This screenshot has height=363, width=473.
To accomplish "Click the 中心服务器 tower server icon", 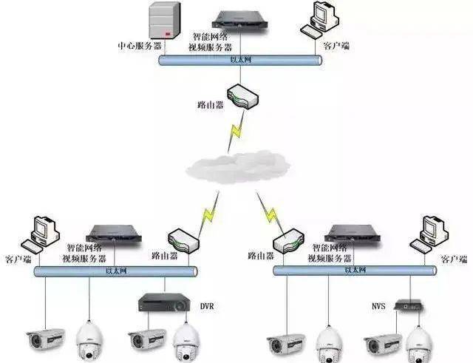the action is (165, 21).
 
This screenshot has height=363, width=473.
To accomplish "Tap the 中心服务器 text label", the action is (140, 46).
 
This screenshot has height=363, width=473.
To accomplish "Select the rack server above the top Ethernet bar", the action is (239, 20).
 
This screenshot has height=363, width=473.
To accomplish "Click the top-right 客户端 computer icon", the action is (319, 20).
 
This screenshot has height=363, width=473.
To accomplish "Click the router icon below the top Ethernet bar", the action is (243, 97).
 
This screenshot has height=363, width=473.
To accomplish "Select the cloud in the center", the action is (238, 167).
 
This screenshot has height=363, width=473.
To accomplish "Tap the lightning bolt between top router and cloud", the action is (236, 132).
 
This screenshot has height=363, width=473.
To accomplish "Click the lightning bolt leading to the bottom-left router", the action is (208, 214).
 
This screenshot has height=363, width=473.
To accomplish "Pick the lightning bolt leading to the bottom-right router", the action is (270, 213).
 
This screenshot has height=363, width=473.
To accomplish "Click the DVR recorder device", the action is (164, 302).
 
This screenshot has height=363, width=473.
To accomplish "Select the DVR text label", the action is (207, 306).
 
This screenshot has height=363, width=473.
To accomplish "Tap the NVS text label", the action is (378, 306).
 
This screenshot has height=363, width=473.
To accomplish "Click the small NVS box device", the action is (409, 305).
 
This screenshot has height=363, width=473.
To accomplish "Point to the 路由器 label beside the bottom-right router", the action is (261, 256).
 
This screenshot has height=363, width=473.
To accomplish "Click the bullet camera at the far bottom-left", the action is (45, 339).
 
